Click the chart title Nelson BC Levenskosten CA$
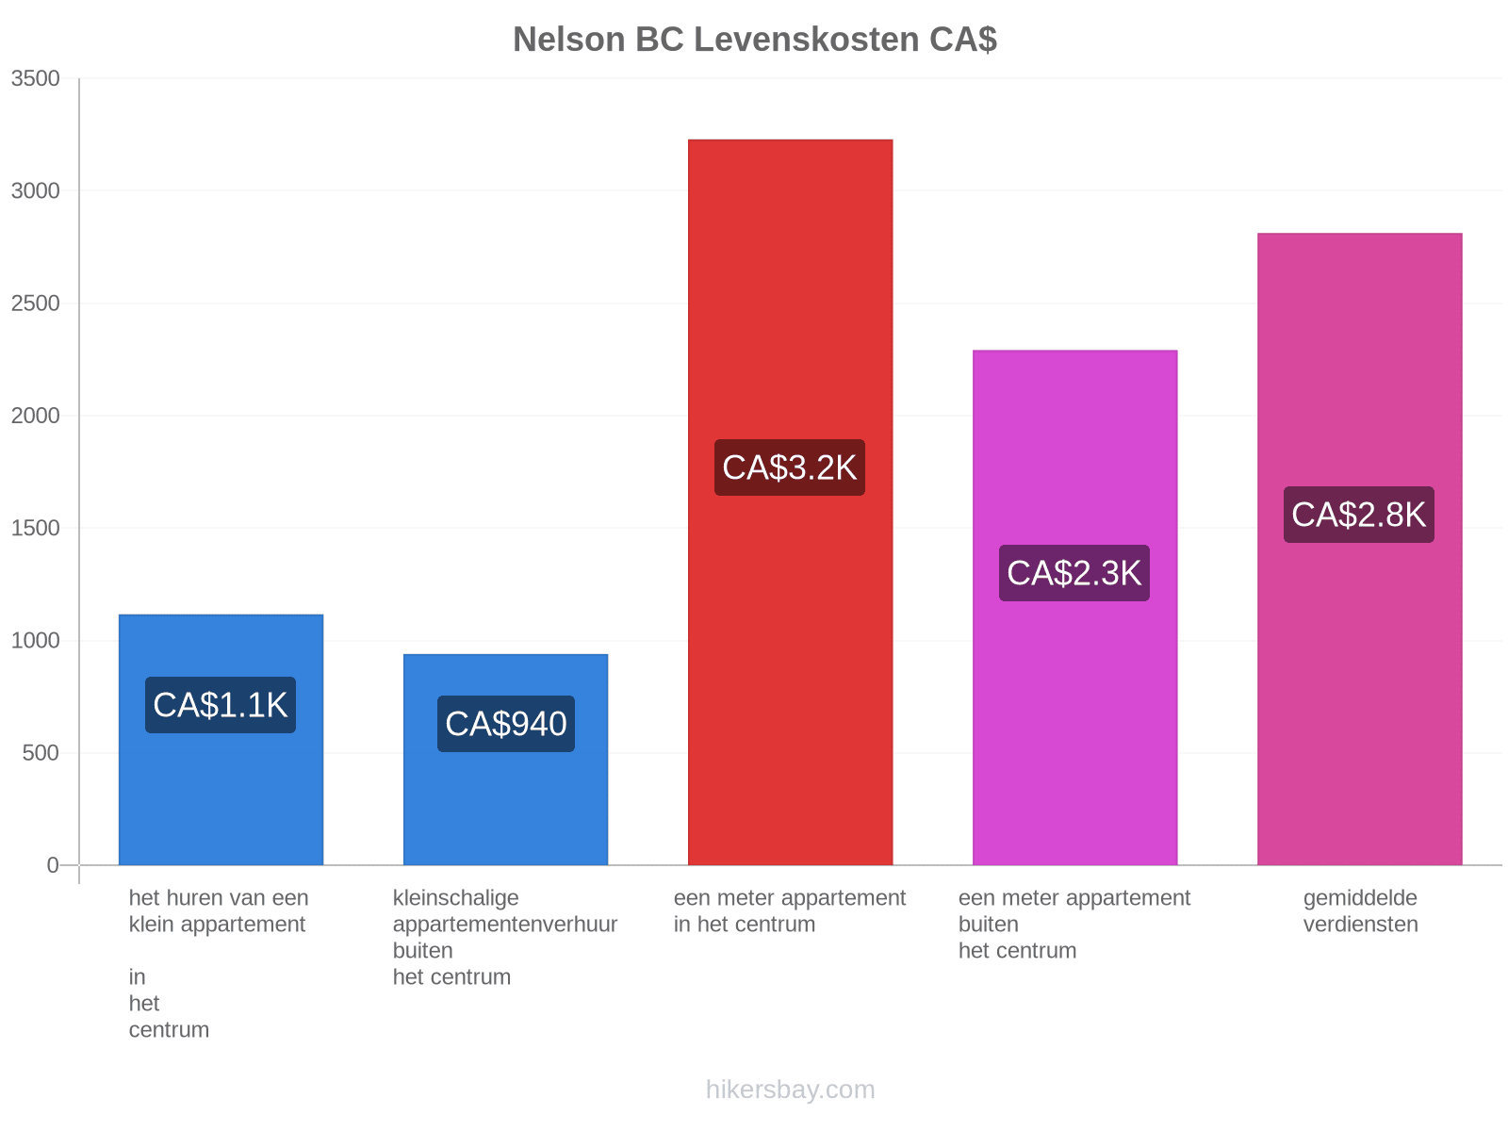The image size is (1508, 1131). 754,40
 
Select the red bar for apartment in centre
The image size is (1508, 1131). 790,502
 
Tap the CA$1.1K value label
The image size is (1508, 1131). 220,705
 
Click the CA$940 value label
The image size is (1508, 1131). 505,723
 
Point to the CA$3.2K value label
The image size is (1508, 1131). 789,467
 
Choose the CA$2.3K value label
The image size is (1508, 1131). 1074,573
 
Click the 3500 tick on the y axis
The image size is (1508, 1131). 36,78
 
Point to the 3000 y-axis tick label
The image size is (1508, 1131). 36,190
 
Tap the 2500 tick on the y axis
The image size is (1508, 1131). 36,303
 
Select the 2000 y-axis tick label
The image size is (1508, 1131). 36,416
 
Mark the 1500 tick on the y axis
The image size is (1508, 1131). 36,528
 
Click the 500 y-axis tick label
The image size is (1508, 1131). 41,753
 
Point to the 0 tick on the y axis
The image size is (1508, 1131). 53,864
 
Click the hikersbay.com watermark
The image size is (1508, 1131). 790,1090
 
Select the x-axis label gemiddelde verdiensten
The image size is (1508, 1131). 1359,910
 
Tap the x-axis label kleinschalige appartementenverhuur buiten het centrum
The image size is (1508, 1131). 504,937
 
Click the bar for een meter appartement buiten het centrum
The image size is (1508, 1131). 1074,607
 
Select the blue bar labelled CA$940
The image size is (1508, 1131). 505,759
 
